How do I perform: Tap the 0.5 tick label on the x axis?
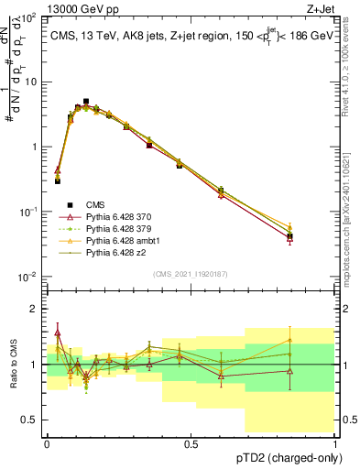tap(191, 444)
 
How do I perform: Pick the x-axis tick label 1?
tap(335, 444)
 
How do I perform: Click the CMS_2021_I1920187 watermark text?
tap(191, 274)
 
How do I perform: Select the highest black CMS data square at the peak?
tap(86, 102)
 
